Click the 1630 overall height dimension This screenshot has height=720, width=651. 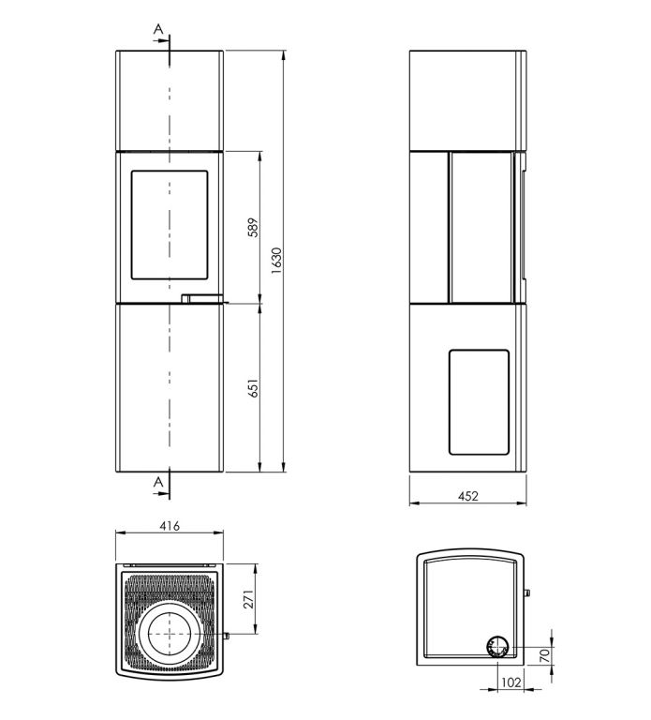[x=276, y=261]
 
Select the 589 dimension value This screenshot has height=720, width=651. [x=253, y=228]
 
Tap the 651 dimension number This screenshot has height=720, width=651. [x=253, y=388]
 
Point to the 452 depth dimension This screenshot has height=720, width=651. [x=468, y=496]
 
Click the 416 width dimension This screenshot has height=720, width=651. [x=170, y=526]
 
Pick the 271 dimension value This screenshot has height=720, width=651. [x=248, y=599]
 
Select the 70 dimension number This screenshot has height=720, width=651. [x=544, y=655]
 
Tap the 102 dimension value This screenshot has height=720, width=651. [x=511, y=682]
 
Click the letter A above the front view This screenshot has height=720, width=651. [x=158, y=29]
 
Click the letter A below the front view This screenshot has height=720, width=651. [x=158, y=482]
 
